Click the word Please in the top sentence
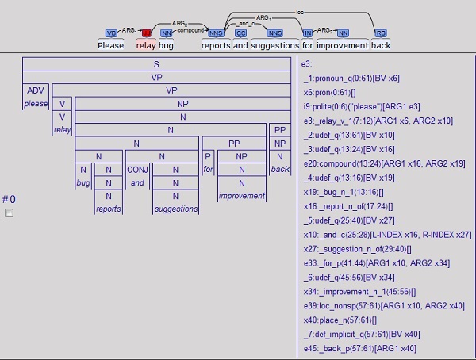[x=110, y=45]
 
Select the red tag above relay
[x=146, y=33]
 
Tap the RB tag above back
[x=381, y=33]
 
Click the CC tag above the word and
[x=240, y=33]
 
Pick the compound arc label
[x=190, y=31]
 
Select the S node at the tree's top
[x=156, y=63]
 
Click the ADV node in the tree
[x=36, y=90]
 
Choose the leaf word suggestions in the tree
[x=176, y=209]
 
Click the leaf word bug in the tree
[x=83, y=183]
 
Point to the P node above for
[x=208, y=156]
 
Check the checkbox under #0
[x=10, y=213]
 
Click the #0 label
[x=9, y=199]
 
